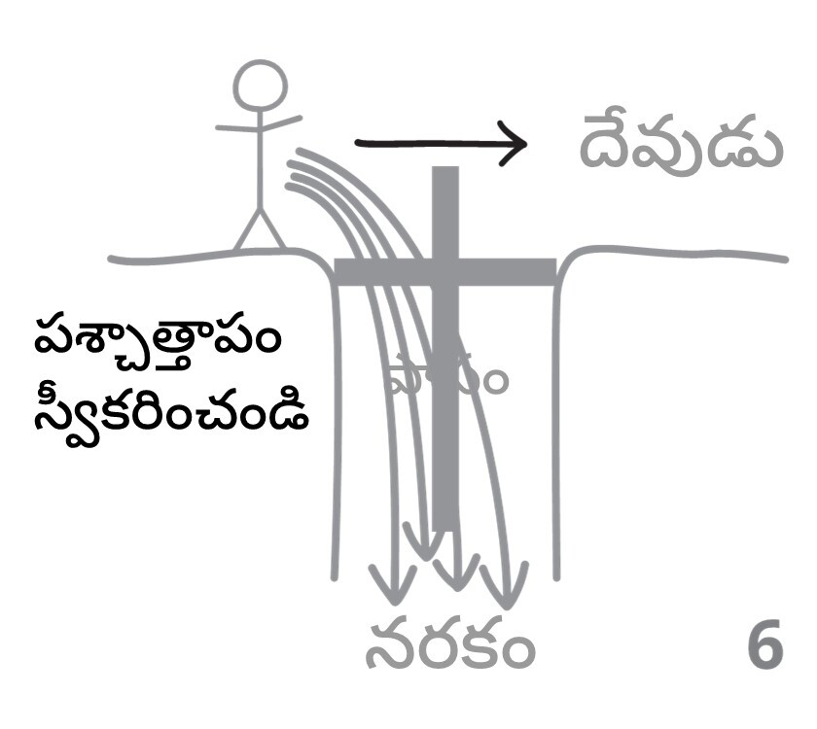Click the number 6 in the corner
tap(765, 648)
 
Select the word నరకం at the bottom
tap(449, 648)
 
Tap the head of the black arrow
tap(514, 144)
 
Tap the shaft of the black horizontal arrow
tap(428, 144)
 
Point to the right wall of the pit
tap(556, 428)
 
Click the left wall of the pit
tap(337, 428)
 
